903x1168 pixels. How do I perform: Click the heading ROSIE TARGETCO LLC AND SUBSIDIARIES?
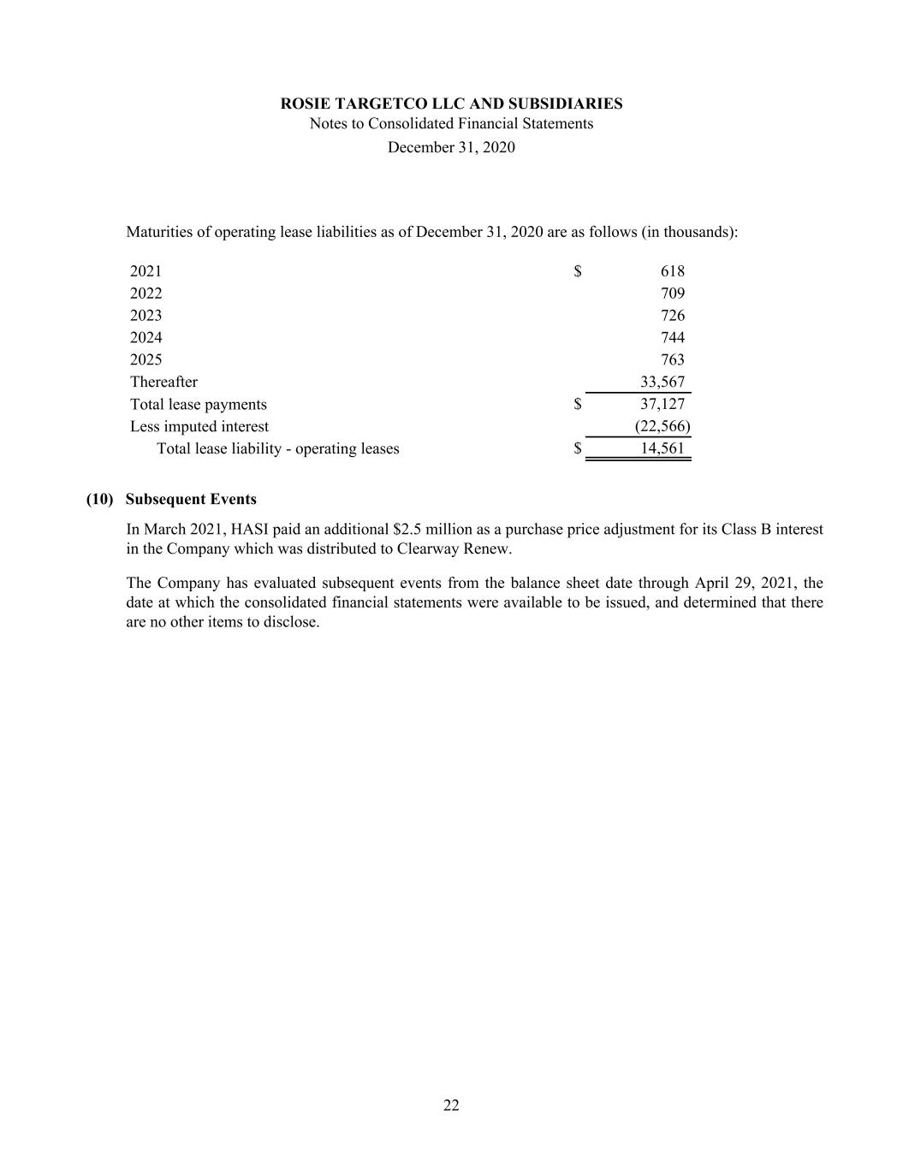[x=451, y=104]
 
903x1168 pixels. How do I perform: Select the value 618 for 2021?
[x=672, y=271]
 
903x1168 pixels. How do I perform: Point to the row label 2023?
[x=146, y=316]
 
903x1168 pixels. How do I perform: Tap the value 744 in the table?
[x=672, y=338]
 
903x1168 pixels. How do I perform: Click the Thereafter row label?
[x=163, y=382]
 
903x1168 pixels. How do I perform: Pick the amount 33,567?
[x=662, y=382]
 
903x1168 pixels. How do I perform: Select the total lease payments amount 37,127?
[x=662, y=405]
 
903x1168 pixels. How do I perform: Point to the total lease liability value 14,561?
[x=662, y=448]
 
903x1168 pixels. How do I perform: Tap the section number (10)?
[x=99, y=499]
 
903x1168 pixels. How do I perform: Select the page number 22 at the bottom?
[x=451, y=1106]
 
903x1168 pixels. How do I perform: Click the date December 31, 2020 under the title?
[x=451, y=147]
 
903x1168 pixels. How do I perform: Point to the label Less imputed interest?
[x=199, y=427]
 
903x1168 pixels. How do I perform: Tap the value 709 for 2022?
[x=672, y=293]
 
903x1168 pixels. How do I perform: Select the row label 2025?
[x=146, y=360]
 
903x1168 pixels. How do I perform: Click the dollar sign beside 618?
[x=578, y=271]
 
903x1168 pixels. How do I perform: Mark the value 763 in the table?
[x=672, y=360]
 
